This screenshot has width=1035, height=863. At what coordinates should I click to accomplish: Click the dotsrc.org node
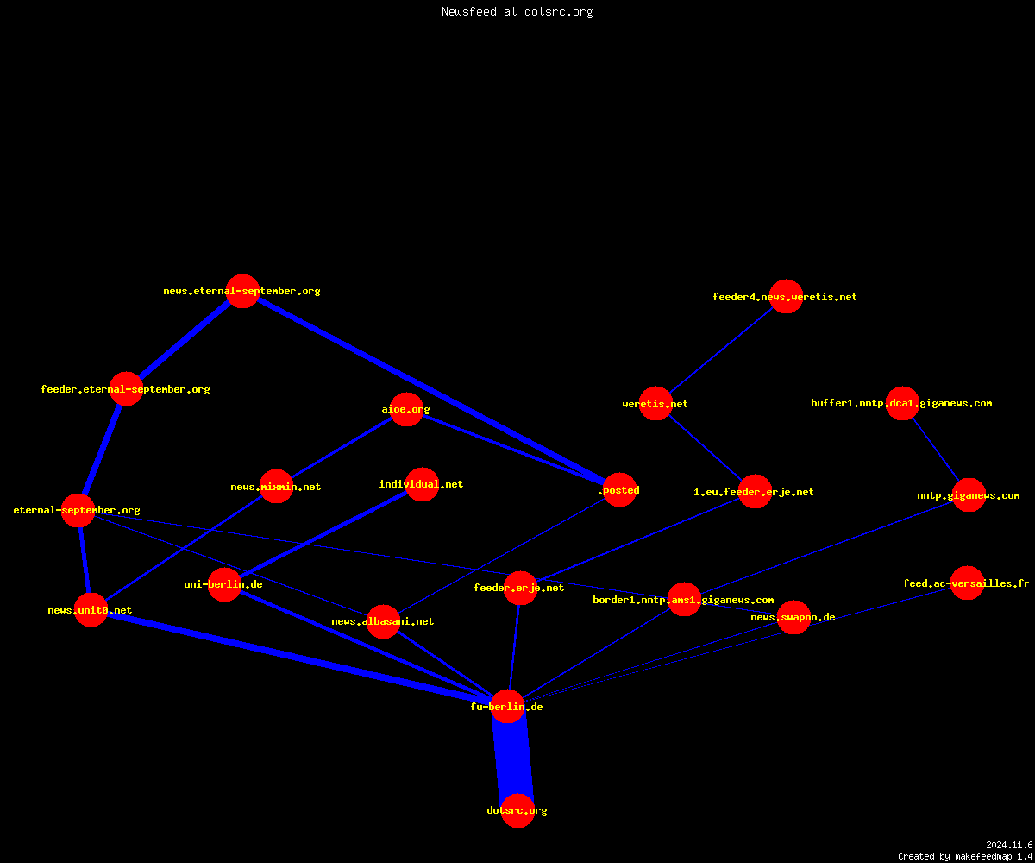517,810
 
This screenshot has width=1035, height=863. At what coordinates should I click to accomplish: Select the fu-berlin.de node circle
507,706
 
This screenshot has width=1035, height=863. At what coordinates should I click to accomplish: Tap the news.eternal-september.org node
242,291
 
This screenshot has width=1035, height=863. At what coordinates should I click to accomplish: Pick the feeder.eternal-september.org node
127,389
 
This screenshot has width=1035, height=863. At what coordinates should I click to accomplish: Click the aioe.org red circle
406,409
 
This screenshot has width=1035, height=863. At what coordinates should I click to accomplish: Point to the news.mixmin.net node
276,486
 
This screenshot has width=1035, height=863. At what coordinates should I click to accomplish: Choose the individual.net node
422,484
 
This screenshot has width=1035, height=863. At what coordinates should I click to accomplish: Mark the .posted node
619,490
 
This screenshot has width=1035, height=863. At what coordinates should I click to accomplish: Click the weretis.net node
655,403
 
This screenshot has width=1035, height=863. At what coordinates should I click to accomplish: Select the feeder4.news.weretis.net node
786,297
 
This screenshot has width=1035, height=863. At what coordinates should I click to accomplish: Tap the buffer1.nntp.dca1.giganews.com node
902,403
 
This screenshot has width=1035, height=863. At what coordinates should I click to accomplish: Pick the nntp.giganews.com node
969,495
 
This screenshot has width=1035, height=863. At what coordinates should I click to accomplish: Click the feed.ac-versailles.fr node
967,583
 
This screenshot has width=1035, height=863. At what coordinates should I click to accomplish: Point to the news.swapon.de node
793,618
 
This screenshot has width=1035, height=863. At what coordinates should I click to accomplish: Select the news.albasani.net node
383,621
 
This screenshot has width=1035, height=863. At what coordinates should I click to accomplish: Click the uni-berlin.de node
224,584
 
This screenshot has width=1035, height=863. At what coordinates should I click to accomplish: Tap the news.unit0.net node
91,609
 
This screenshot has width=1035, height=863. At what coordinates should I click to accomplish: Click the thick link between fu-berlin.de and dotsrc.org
512,759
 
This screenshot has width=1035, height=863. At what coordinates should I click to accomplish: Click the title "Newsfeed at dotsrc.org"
517,11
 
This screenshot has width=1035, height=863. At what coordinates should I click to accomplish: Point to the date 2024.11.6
1009,845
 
